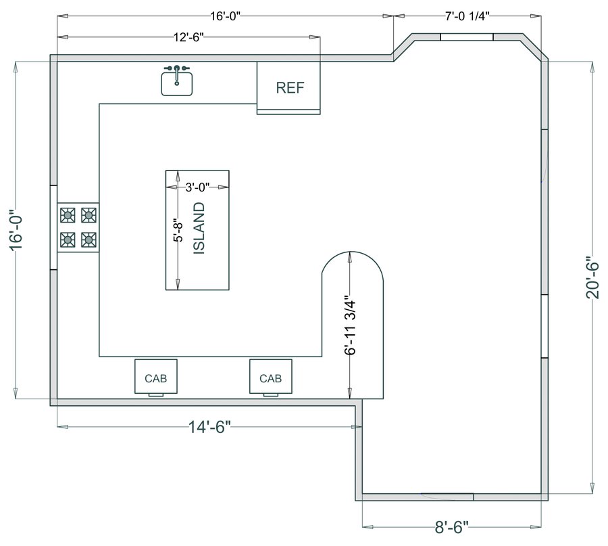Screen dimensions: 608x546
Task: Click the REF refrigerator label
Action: coord(290,88)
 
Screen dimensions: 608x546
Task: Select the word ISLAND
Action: coord(199,228)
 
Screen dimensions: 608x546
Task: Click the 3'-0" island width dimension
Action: coord(197,187)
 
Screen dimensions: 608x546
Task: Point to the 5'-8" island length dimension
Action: coord(178,230)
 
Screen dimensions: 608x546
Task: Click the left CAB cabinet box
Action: coord(156,376)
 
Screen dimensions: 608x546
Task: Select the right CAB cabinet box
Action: coord(271,376)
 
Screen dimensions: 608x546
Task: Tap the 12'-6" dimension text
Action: coord(188,37)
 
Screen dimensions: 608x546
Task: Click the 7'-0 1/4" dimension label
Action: coord(467,16)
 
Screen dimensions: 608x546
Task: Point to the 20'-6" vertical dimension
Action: coord(592,277)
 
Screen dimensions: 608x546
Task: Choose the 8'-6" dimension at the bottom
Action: coord(452,527)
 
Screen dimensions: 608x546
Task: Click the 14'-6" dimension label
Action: coord(209,427)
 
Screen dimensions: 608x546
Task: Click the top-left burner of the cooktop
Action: coord(68,214)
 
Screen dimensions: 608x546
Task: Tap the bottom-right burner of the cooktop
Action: coord(88,240)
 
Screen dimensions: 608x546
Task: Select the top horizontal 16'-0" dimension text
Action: coord(225,16)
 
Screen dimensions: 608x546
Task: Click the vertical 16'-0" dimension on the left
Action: coord(16,230)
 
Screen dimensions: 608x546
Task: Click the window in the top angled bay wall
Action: coord(467,37)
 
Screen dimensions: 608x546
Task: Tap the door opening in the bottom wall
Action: coord(447,497)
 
